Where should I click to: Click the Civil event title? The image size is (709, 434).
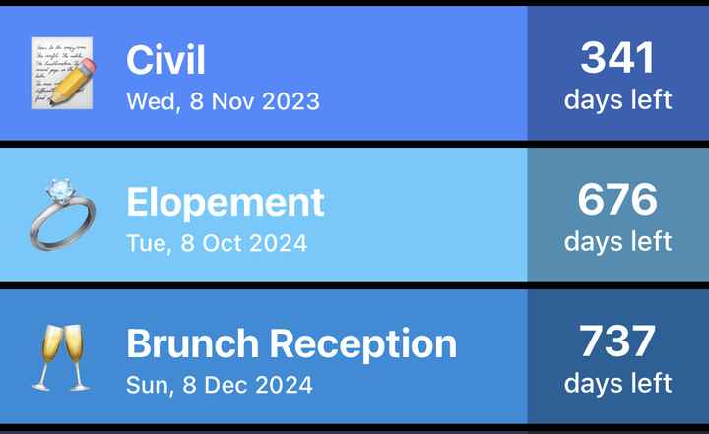165,60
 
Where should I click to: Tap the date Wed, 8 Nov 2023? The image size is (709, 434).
223,101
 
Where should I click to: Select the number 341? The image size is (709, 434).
617,57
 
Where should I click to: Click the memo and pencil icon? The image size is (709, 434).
63,73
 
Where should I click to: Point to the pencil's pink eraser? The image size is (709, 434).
89,66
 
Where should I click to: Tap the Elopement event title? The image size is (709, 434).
226,203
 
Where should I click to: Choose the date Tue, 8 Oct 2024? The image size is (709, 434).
217,243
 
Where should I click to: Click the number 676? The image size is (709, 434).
617,200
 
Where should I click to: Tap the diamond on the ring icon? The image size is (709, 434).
61,190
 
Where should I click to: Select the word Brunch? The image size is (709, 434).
193,343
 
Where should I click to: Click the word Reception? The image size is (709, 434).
363,344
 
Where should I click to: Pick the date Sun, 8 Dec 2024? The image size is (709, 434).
220,385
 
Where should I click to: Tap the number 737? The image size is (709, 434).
617,341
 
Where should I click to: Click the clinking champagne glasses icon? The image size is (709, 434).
62,357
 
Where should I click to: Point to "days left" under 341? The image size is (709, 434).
617,99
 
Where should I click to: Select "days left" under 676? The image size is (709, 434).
617,241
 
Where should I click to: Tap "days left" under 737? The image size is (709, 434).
617,384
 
